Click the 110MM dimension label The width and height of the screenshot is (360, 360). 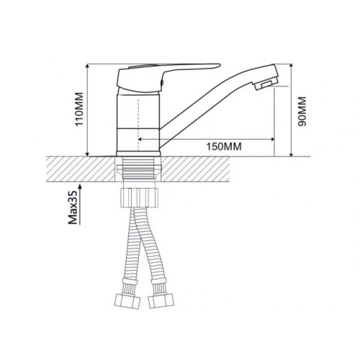tap(79, 109)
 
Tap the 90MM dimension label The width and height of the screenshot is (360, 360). tap(302, 112)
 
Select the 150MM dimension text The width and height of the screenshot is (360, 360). tap(224, 146)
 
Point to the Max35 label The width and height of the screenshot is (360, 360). tap(73, 207)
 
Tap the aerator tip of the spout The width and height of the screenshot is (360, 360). tap(264, 85)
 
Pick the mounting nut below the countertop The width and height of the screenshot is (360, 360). tap(140, 197)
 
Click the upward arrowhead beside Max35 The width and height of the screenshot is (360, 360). tap(80, 187)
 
